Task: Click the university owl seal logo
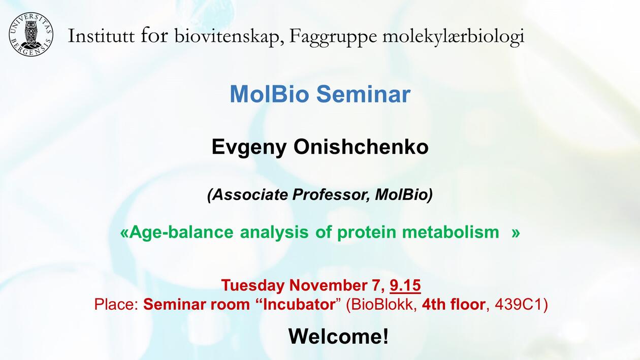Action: point(31,35)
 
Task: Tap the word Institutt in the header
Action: point(101,36)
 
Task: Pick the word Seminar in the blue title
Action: point(364,94)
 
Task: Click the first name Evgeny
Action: point(249,147)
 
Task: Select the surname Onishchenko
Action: point(361,147)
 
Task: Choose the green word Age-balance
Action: point(177,232)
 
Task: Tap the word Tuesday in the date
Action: point(253,285)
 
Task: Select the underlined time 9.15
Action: point(405,285)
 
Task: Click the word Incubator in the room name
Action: point(299,305)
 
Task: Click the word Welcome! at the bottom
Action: point(339,336)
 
